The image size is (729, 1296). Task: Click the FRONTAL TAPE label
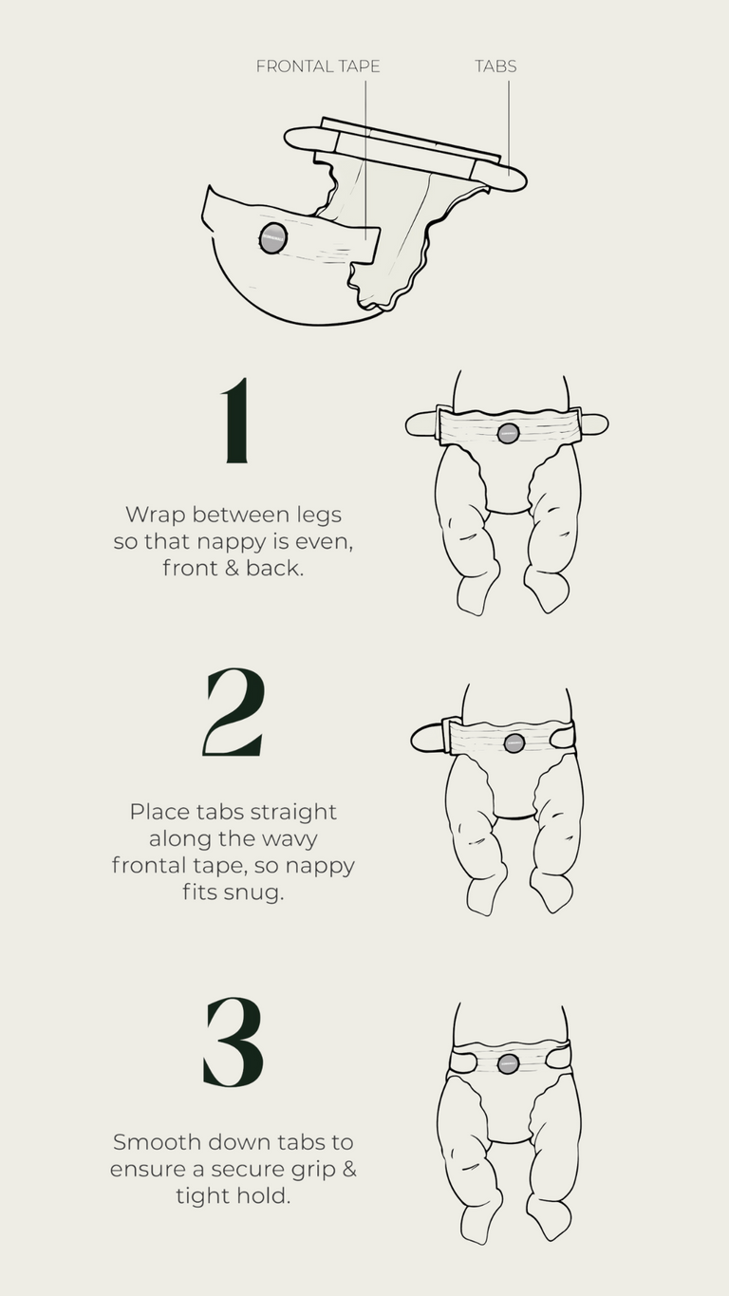318,66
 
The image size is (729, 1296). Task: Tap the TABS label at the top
495,66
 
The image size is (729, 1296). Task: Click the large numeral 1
237,421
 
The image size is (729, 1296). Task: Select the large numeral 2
234,712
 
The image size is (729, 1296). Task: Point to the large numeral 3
234,1042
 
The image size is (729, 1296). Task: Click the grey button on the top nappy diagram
272,237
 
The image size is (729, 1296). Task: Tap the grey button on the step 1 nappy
508,433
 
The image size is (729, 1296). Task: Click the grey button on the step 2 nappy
514,742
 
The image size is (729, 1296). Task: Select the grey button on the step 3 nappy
508,1063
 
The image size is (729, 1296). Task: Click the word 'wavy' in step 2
291,839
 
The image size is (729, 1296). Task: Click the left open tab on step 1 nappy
422,425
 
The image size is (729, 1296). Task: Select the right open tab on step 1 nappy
593,424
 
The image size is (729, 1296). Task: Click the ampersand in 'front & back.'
232,569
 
